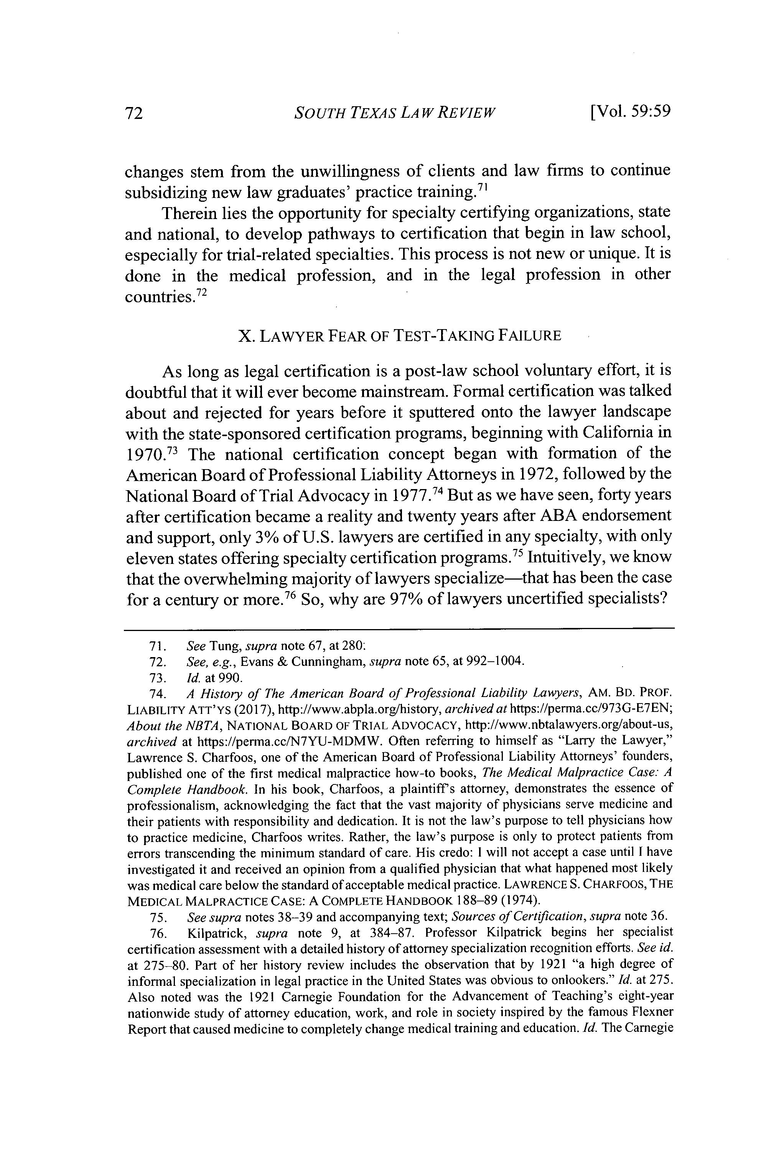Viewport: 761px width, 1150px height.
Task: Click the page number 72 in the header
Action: (x=133, y=113)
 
